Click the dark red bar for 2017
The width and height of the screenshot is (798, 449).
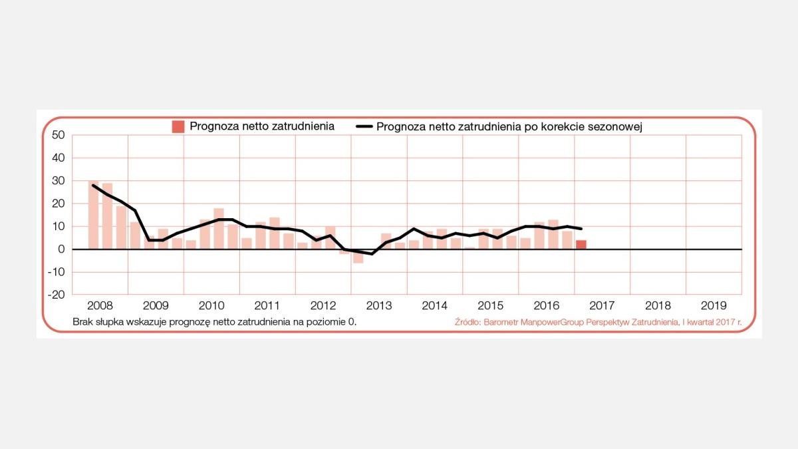[x=581, y=244]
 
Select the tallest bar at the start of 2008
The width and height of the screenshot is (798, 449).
[x=93, y=215]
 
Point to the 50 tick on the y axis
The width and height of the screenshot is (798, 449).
[x=58, y=135]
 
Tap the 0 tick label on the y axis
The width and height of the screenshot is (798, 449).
[x=61, y=249]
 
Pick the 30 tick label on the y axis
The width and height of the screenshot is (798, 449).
[x=58, y=181]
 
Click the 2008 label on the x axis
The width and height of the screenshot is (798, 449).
[x=100, y=306]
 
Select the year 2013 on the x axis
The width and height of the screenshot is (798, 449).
[x=379, y=306]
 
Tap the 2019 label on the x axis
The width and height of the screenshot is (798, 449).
[x=714, y=306]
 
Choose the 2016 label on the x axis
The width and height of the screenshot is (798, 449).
[x=546, y=306]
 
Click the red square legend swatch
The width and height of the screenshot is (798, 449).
[x=178, y=126]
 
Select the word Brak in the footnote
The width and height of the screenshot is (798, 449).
[x=83, y=322]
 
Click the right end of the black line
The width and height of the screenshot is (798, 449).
[x=582, y=229]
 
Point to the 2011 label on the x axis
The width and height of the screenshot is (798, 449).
[x=267, y=306]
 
